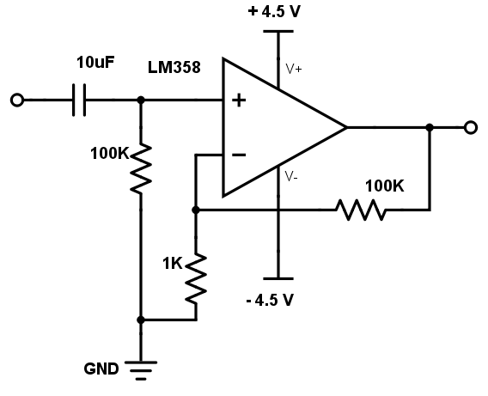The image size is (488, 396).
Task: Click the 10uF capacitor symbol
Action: click(79, 100)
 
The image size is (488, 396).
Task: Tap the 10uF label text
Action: click(95, 62)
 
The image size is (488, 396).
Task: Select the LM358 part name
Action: click(174, 67)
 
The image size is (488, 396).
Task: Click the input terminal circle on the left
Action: click(17, 101)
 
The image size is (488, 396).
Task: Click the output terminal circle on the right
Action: click(471, 127)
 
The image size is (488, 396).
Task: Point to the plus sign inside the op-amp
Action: click(239, 101)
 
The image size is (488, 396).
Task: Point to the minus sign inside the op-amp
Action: click(239, 155)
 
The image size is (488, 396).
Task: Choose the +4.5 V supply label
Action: click(274, 11)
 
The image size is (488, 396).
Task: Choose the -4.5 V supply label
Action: click(270, 300)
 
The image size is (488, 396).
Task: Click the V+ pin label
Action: click(294, 69)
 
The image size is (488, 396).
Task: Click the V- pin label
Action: click(291, 177)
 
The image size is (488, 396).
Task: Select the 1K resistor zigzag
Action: click(196, 278)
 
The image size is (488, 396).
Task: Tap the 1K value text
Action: click(173, 264)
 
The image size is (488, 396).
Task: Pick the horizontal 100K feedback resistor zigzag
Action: click(361, 210)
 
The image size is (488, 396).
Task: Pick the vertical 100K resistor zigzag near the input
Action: click(141, 168)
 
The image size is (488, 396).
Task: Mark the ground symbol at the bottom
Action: click(141, 370)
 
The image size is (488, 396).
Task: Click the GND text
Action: click(101, 369)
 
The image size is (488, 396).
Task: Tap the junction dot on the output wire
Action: click(430, 127)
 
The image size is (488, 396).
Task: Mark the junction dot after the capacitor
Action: click(141, 101)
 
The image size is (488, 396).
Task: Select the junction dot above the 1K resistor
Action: click(196, 210)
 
